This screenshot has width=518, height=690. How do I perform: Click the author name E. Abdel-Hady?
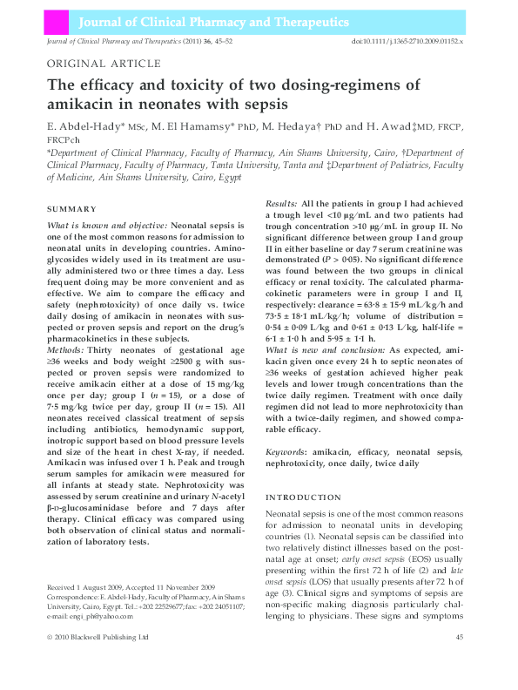85,127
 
